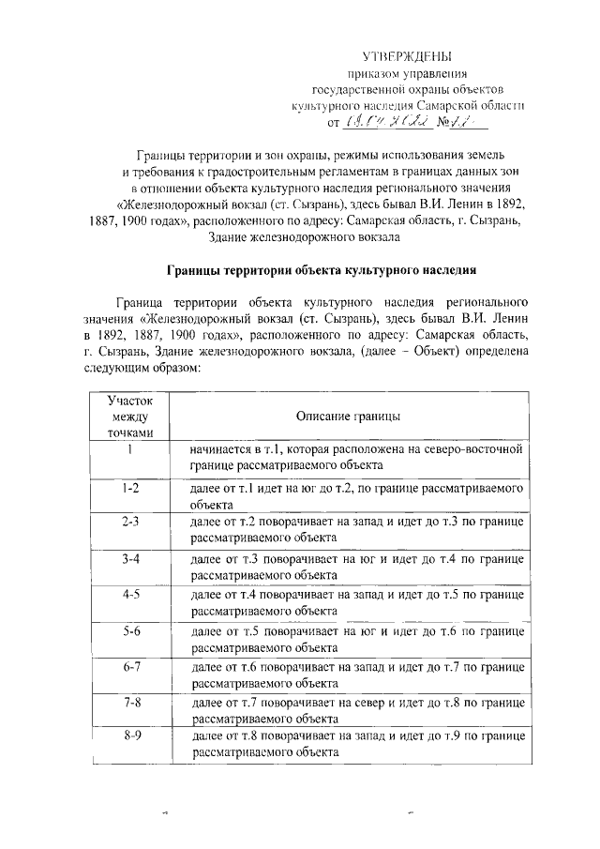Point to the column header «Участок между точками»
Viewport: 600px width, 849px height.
pyautogui.click(x=128, y=416)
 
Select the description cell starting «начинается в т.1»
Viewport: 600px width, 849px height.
pyautogui.click(x=354, y=457)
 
